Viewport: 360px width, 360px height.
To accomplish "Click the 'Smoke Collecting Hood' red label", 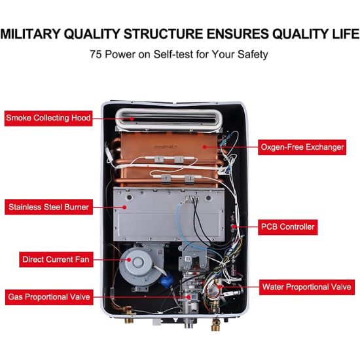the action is [x=48, y=118].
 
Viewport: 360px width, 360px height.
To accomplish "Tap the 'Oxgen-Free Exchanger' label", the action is [x=302, y=147].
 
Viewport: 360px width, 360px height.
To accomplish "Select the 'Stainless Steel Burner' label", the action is [x=48, y=207].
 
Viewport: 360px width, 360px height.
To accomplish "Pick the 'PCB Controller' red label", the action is [x=288, y=227].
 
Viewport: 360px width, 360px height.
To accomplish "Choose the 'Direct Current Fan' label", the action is [x=56, y=259].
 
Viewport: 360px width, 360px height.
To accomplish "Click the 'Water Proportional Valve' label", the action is [x=307, y=287].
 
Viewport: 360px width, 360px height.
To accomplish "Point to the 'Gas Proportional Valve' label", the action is [x=49, y=297].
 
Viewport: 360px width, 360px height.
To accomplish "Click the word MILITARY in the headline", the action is [x=30, y=34].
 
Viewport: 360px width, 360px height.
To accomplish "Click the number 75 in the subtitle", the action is [x=96, y=54].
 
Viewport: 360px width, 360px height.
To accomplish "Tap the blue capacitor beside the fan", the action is [x=166, y=279].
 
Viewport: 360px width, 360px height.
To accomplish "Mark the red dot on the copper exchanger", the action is [x=204, y=147].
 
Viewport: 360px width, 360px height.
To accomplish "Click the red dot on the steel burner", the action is [x=124, y=207].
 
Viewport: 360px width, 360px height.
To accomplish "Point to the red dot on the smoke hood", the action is [x=132, y=118].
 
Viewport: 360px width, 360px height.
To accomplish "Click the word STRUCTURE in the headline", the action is [x=164, y=34].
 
